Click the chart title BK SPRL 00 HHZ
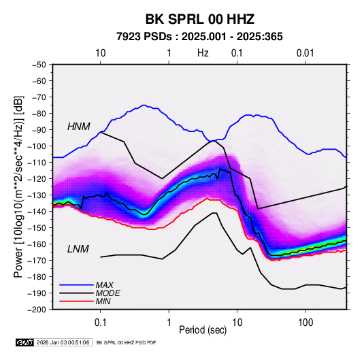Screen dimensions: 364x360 pos(200,19)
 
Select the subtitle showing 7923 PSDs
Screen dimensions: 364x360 pos(199,37)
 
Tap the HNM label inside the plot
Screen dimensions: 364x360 pos(79,127)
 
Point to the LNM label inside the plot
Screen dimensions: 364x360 pos(78,249)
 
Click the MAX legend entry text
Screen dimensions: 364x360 pos(105,285)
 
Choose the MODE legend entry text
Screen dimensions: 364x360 pos(108,293)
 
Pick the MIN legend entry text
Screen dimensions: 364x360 pos(103,301)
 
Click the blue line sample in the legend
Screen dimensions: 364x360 pos(76,285)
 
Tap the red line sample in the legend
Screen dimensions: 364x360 pos(76,301)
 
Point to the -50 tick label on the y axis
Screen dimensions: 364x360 pos(39,65)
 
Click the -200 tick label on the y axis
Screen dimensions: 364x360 pos(37,310)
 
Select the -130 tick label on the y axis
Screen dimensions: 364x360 pos(37,195)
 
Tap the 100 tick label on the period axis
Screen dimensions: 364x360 pos(305,323)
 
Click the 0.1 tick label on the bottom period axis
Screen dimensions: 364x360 pos(100,323)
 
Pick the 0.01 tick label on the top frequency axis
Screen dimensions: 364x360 pos(305,53)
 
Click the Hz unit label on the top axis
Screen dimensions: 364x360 pos(203,53)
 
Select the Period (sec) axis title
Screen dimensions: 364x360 pos(203,330)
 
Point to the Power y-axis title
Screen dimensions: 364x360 pos(18,186)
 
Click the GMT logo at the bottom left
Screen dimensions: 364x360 pos(25,342)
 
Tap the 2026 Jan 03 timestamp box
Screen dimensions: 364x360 pos(63,342)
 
